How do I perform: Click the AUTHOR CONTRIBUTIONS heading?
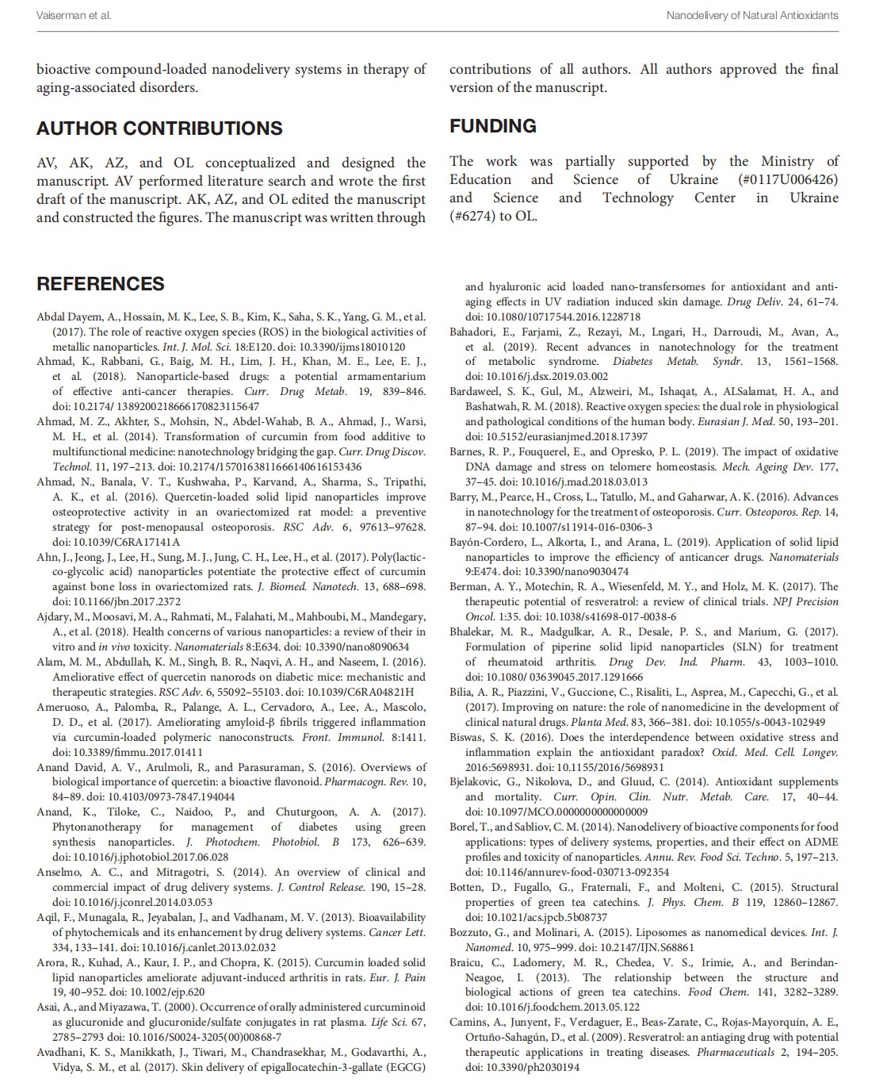159,129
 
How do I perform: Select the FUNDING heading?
493,126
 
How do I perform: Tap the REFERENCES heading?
101,284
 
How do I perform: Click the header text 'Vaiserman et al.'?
74,15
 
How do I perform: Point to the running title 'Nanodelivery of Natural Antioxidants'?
752,15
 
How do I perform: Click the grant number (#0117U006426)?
787,180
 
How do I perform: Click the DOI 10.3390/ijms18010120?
352,347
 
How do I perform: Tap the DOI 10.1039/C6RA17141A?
127,542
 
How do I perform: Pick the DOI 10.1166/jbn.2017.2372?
127,602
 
